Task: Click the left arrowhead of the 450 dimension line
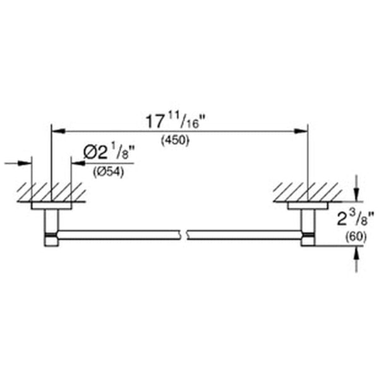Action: pos(56,131)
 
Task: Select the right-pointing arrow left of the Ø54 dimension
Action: pos(28,163)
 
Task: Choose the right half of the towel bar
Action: pos(246,236)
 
